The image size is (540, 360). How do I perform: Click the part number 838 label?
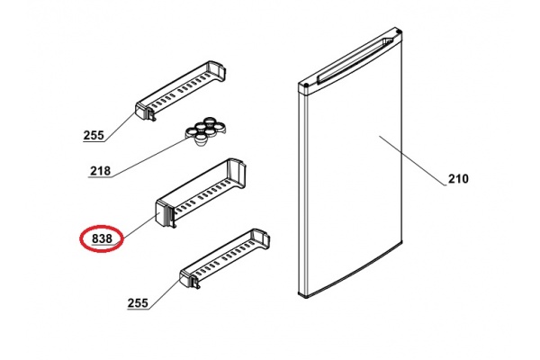click(x=102, y=238)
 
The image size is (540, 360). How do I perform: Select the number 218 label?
click(x=101, y=171)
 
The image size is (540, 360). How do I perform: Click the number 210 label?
click(x=458, y=179)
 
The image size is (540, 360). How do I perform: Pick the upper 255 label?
click(x=94, y=136)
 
